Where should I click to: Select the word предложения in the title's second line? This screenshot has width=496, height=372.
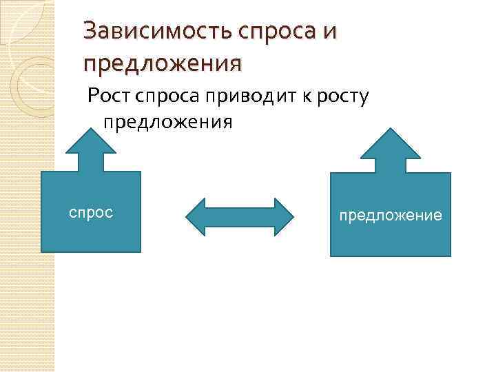point(163,63)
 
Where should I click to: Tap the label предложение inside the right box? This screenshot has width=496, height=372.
point(390,216)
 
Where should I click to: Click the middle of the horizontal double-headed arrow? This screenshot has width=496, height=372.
point(240,217)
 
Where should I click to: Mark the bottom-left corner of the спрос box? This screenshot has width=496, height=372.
point(43,252)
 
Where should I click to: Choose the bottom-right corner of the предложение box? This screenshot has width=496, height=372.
point(451,256)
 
